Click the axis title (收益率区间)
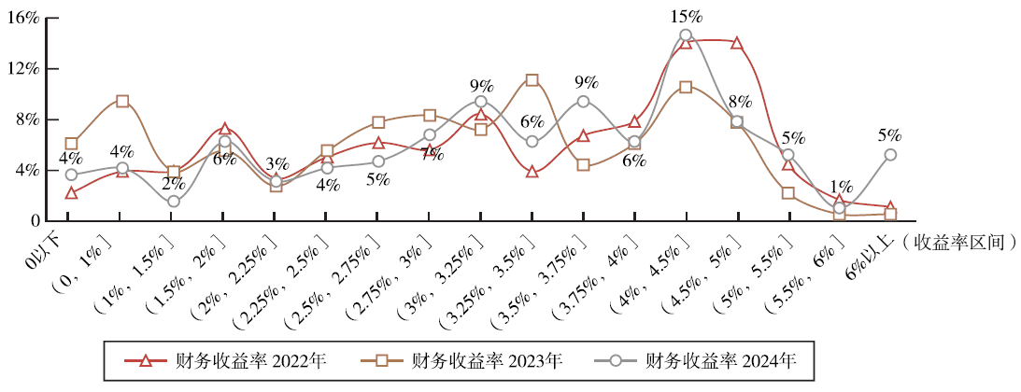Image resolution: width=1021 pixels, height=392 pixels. [961, 243]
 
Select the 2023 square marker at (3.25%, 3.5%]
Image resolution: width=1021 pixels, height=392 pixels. [532, 80]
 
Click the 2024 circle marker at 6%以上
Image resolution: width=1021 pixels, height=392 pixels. [890, 155]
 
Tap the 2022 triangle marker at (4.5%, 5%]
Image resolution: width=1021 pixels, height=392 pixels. [737, 43]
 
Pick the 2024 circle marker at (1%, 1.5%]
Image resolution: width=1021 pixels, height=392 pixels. [174, 201]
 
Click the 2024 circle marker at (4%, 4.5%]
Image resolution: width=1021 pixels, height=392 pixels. [686, 35]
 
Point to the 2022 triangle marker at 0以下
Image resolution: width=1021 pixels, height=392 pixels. [71, 193]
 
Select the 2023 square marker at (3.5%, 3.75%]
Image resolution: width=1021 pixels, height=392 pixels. [583, 165]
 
